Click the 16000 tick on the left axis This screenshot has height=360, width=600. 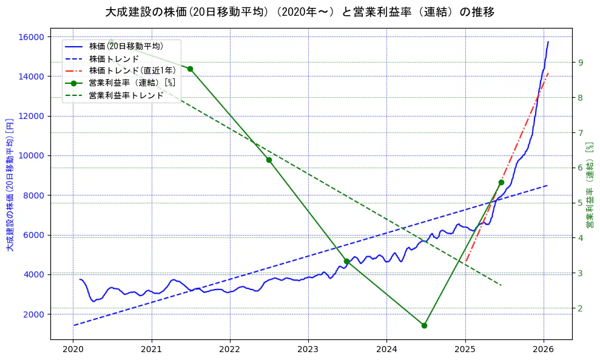point(32,37)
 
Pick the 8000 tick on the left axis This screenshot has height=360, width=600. point(34,195)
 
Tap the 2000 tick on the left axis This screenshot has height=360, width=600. point(34,314)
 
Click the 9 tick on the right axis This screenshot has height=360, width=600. point(581,63)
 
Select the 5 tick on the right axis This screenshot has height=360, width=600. point(581,203)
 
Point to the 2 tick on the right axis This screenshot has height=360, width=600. point(581,308)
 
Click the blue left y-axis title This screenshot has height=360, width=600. point(9,185)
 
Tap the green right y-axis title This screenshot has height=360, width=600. point(589,185)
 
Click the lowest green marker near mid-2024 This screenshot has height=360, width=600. point(424,325)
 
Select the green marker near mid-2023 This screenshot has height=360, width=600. point(346,261)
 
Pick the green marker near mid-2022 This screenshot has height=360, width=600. point(269,160)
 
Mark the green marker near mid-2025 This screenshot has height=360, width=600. point(501,182)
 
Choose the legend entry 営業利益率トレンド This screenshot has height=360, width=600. point(126,95)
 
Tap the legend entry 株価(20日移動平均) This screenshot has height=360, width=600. point(126,46)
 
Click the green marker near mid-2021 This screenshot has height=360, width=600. point(190,69)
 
